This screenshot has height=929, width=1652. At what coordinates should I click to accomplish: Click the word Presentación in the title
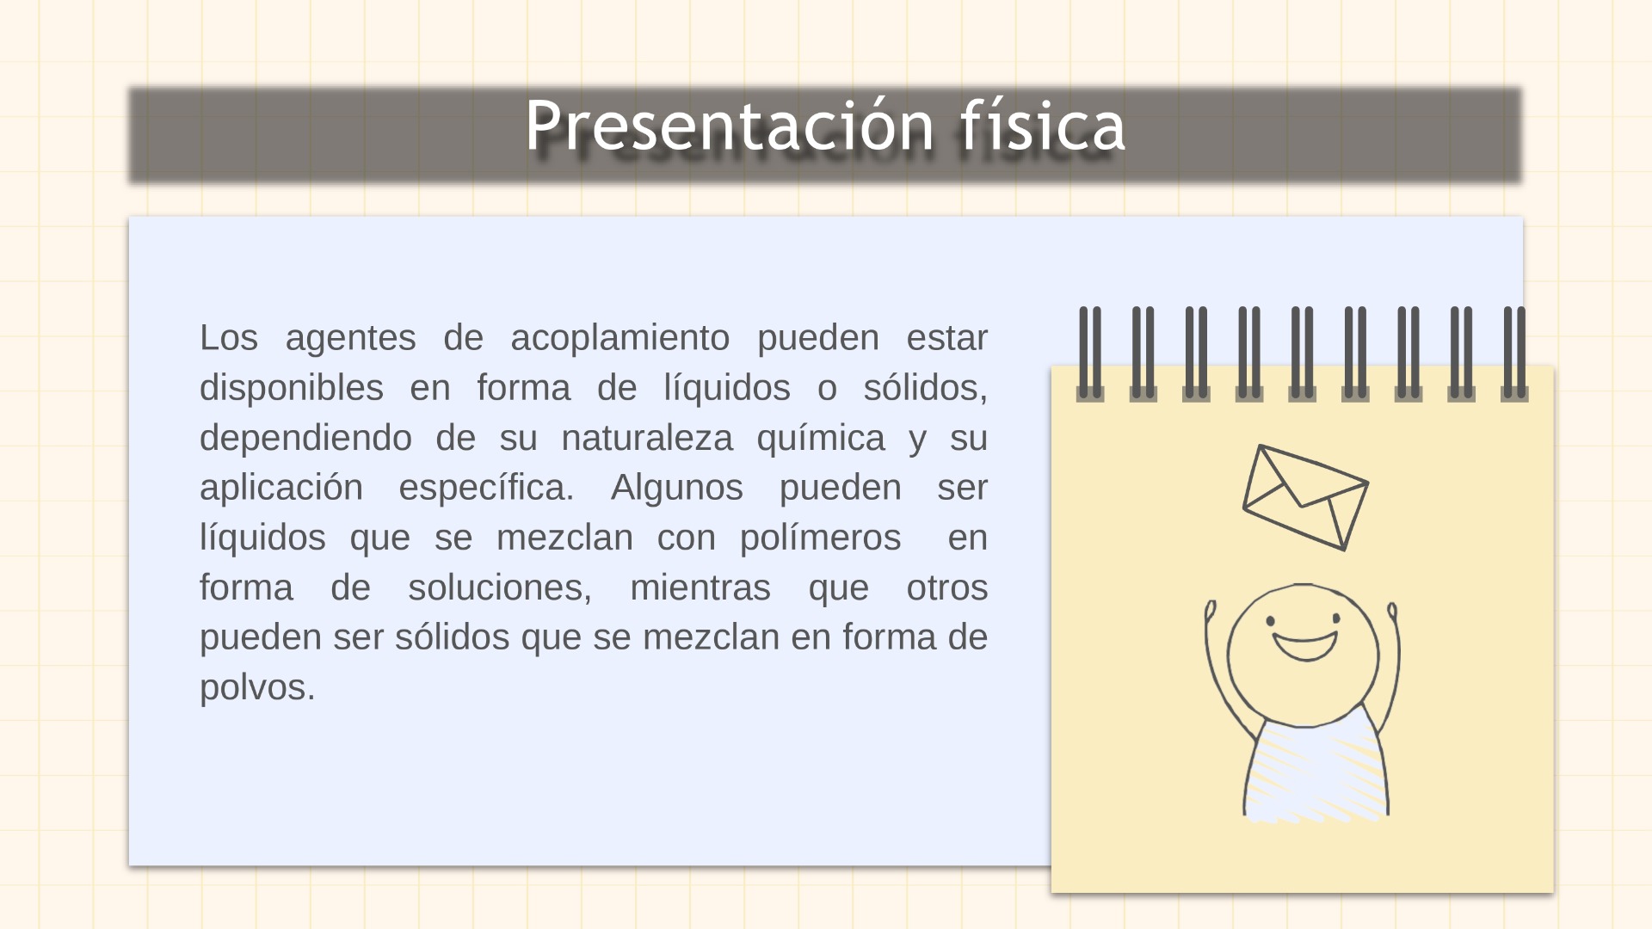click(730, 126)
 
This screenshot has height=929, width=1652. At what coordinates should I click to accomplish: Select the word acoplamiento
click(619, 338)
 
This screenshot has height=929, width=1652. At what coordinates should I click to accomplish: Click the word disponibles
click(291, 388)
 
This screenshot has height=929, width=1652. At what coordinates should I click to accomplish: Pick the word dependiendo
click(305, 438)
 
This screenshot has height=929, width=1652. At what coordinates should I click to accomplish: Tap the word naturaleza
click(647, 438)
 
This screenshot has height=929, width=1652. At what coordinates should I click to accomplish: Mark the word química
click(821, 438)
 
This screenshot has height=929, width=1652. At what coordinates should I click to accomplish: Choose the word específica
click(486, 488)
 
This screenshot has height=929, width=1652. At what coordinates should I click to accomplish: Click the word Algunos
click(676, 488)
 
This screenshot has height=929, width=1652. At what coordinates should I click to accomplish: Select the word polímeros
click(821, 538)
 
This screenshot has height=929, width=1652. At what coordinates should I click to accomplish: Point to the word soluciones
click(500, 588)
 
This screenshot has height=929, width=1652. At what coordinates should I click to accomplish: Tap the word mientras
click(700, 588)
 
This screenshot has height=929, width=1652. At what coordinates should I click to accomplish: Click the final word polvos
click(257, 687)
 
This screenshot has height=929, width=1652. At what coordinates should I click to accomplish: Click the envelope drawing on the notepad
click(1305, 497)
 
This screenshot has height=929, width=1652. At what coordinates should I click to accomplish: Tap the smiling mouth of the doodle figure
click(1305, 645)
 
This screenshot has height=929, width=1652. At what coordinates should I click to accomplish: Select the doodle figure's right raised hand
click(1392, 613)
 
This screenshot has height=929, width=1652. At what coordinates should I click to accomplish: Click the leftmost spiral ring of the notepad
click(1090, 354)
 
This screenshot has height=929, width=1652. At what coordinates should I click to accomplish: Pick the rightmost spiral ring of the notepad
click(1514, 354)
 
